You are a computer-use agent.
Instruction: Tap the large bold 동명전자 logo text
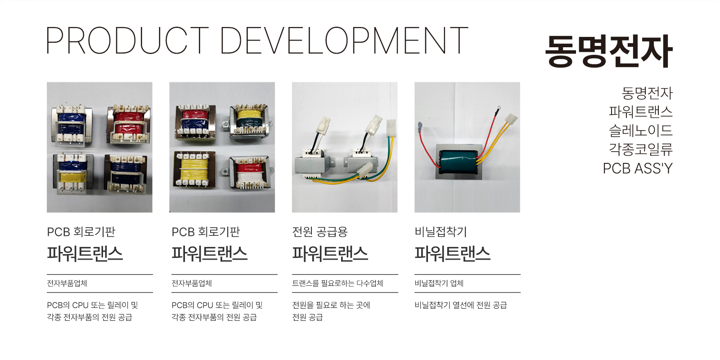pos(609,51)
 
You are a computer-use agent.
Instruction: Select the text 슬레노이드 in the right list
pos(641,130)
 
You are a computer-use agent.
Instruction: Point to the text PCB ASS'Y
pos(638,168)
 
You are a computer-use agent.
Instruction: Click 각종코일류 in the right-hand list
pos(641,149)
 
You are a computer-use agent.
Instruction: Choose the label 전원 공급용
pos(320,232)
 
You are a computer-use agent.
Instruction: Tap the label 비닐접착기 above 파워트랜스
pos(441,232)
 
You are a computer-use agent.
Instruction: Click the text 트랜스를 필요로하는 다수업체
pos(337,283)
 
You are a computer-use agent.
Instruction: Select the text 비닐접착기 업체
pos(439,283)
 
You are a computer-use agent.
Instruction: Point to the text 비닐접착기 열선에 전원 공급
pos(461,305)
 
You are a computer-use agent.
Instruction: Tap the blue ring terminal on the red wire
pos(420,126)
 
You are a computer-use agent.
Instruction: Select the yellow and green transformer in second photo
pos(250,121)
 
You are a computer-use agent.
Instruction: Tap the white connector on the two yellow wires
pos(511,119)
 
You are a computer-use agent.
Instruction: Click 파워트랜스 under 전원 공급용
pos(330,253)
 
